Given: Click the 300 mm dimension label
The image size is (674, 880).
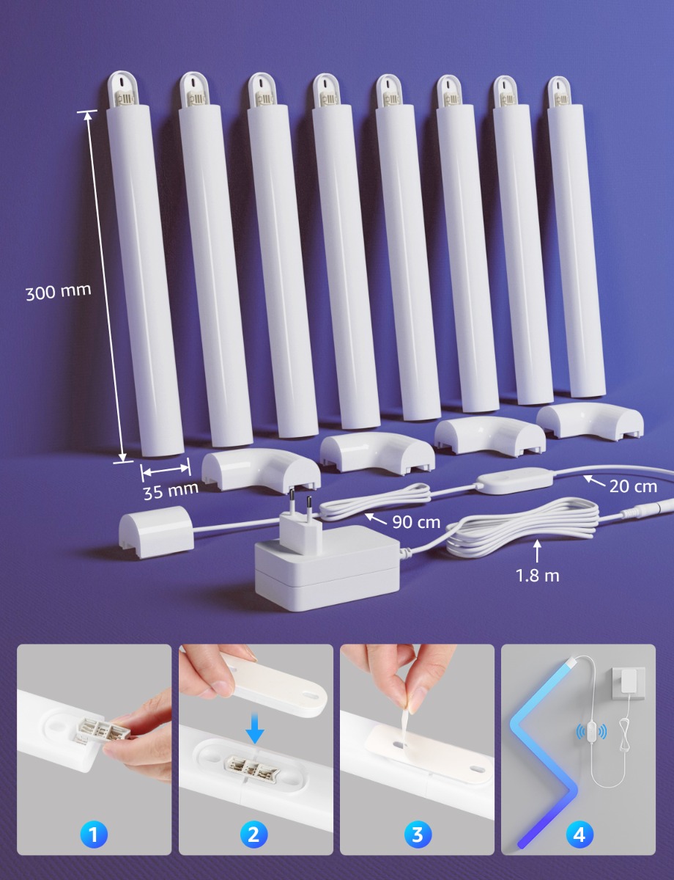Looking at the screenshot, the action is [59, 292].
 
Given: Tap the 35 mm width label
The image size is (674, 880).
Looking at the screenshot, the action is [171, 491].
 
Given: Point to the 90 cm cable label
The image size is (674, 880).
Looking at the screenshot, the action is [416, 522].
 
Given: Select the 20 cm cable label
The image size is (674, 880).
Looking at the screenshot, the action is [633, 486].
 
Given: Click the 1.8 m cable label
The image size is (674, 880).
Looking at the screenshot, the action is [538, 576].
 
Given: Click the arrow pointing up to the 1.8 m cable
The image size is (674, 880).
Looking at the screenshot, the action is [537, 551].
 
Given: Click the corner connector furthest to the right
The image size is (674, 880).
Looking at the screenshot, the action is [590, 422].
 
